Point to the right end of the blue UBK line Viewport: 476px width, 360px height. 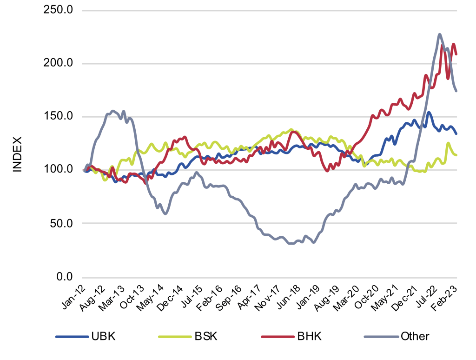(456, 134)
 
